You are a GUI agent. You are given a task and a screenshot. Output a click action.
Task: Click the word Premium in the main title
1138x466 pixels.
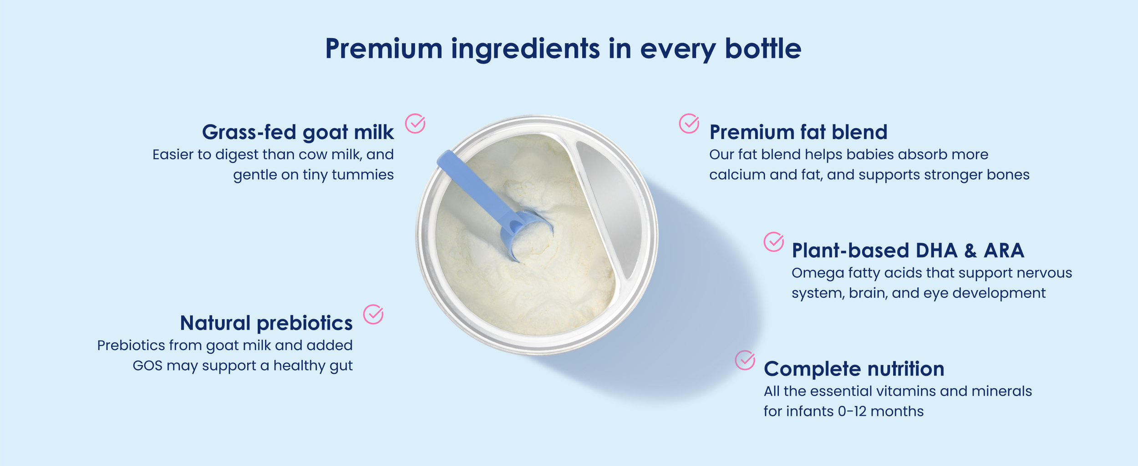click(384, 49)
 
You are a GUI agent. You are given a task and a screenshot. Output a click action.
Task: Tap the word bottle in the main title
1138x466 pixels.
click(763, 48)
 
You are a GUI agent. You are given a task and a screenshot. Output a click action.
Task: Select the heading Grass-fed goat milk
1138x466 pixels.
click(298, 132)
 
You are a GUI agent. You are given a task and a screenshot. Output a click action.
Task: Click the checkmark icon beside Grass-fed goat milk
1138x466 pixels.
click(415, 123)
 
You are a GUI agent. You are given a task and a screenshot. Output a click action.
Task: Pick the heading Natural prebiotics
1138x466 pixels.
click(266, 323)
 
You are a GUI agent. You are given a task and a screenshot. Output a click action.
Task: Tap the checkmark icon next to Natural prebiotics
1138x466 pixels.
click(373, 314)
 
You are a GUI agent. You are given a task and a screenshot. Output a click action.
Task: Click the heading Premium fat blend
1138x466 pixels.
click(798, 132)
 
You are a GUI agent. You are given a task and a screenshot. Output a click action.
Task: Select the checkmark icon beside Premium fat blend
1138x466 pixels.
click(689, 123)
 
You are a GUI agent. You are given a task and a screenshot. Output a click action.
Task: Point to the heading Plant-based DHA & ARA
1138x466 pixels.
click(908, 251)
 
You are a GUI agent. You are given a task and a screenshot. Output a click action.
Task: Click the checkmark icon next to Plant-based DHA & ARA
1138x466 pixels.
click(773, 242)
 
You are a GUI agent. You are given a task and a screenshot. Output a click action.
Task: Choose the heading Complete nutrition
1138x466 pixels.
click(854, 369)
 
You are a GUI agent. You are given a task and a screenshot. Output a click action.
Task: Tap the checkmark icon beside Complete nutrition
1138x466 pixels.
click(745, 360)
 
